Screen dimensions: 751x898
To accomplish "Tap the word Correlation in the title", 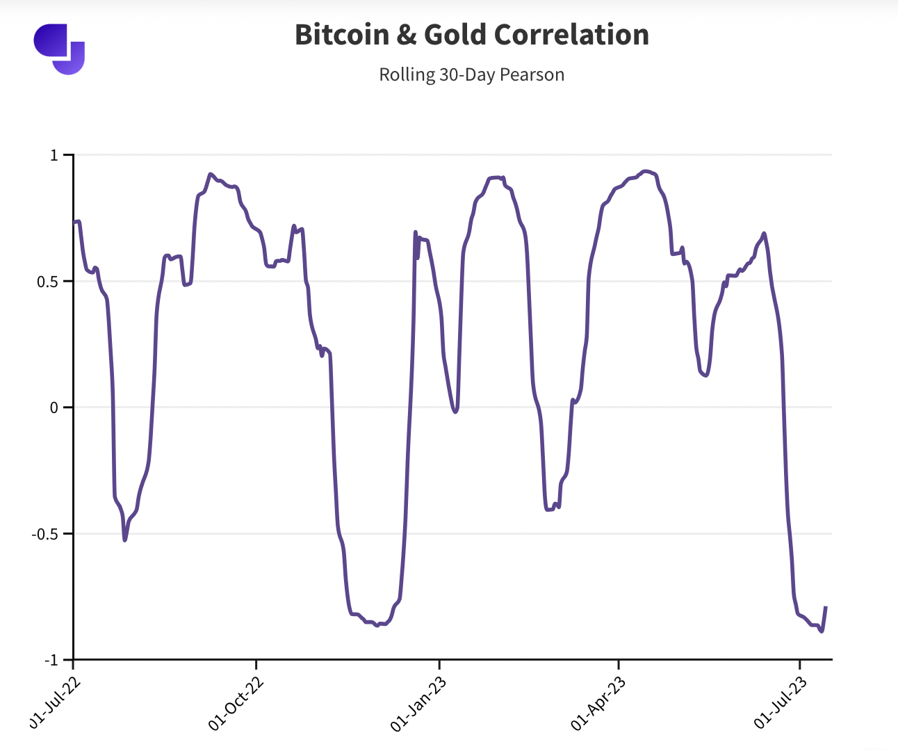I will click(574, 35).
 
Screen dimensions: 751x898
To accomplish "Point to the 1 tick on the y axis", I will click(54, 155).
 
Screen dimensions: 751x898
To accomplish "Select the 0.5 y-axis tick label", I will click(49, 282).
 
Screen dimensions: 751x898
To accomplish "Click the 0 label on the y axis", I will click(54, 407).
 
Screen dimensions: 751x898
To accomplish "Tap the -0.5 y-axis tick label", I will click(46, 534).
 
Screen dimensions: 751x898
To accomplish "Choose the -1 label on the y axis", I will click(51, 660).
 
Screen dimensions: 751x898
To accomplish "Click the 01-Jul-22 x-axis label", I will click(56, 702).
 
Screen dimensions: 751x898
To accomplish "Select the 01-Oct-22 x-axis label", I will click(237, 702).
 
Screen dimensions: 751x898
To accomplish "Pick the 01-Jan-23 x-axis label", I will click(419, 702).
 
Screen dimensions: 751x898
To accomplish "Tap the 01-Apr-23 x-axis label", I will click(599, 702).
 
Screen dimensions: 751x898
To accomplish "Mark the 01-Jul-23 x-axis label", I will click(781, 702).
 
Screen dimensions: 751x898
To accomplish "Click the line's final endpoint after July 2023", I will click(826, 608).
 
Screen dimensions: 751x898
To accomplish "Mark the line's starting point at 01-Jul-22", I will click(74, 223).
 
